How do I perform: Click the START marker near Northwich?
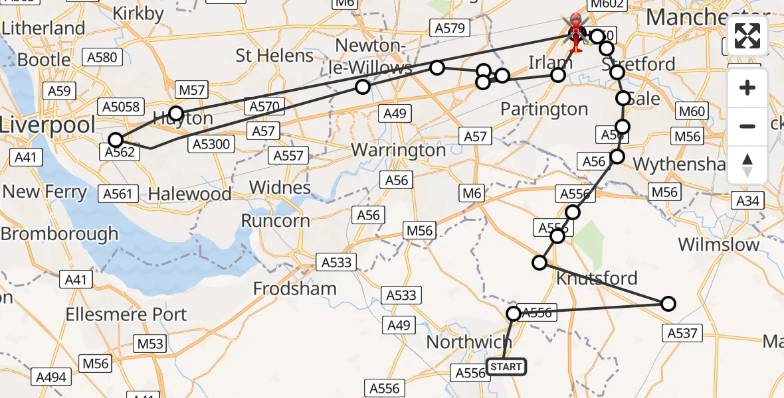(506, 367)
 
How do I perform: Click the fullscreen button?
(747, 36)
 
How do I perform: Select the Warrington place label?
(399, 150)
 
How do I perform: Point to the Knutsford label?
(596, 278)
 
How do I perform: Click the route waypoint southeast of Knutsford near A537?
(668, 304)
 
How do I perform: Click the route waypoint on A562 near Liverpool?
(116, 140)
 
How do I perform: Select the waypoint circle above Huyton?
(175, 113)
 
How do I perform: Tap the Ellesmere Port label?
(126, 314)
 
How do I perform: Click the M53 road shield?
(149, 344)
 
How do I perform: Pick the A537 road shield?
(682, 332)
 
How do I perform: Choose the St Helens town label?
(274, 55)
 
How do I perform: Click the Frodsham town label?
(295, 289)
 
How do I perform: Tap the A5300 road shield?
(212, 143)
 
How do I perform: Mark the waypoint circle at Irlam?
(558, 75)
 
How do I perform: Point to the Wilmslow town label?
(718, 244)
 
